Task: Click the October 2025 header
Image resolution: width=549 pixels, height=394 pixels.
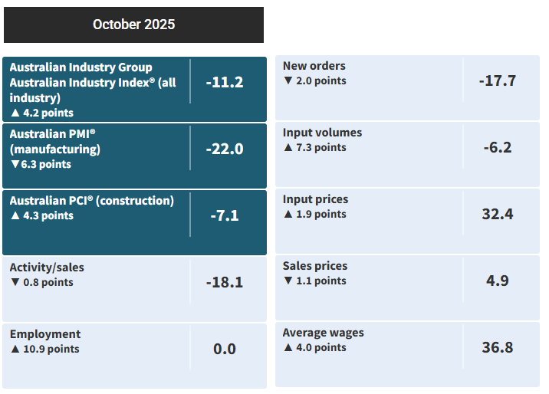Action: (x=133, y=25)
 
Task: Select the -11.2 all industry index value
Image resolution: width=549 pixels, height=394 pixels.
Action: (x=225, y=82)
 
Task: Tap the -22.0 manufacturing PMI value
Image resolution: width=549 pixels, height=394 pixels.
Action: (x=225, y=149)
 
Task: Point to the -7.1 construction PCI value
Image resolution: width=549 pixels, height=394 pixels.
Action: (x=225, y=215)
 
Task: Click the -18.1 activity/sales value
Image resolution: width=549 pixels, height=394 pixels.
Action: (x=225, y=282)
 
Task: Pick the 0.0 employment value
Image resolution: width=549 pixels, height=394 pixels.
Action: (x=225, y=349)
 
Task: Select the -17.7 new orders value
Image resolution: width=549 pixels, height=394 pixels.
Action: (x=498, y=80)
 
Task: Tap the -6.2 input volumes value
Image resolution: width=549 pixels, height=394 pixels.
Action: (x=498, y=147)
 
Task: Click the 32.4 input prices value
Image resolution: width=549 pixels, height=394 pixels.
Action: (x=498, y=214)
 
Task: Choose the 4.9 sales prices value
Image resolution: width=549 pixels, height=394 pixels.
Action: (x=498, y=281)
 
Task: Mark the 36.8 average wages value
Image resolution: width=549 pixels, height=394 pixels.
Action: (x=498, y=347)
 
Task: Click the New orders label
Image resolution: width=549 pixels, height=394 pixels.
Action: (x=314, y=66)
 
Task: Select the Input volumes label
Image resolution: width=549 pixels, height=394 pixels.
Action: (x=322, y=133)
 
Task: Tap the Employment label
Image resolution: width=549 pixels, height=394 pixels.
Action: (x=45, y=334)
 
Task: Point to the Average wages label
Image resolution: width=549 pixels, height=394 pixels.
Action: (x=324, y=333)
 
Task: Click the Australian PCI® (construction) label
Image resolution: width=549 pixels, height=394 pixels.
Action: (x=92, y=201)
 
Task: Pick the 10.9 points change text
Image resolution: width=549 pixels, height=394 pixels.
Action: (x=51, y=349)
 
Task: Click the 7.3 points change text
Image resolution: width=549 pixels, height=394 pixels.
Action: (x=321, y=147)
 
